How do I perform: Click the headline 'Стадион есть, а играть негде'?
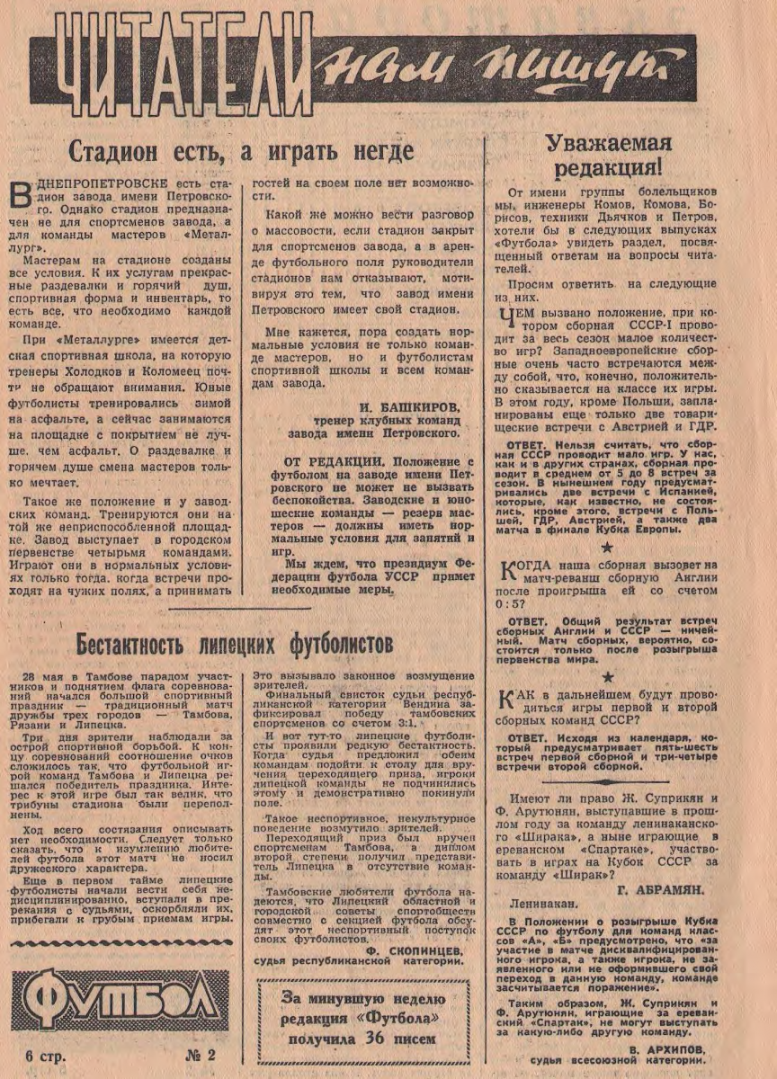point(241,150)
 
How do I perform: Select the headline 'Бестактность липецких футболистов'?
point(235,645)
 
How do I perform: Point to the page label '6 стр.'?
point(47,1056)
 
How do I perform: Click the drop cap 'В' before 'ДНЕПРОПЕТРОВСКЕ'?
point(24,195)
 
